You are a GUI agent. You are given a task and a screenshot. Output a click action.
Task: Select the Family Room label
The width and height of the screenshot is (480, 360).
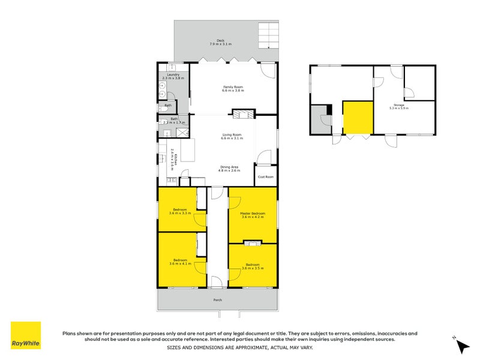coord(232,88)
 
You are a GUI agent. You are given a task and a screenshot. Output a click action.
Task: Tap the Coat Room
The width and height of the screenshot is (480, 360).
coord(266,176)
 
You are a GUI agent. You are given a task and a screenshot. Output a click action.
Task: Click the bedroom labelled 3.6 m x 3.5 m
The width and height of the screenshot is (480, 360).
coord(253,266)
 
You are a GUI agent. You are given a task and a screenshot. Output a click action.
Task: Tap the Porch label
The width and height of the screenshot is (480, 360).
coord(217,299)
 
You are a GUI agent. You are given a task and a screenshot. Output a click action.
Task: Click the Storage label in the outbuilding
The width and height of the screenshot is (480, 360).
coord(398,106)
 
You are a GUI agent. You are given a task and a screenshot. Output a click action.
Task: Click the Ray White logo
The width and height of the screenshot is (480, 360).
coord(26,335)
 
